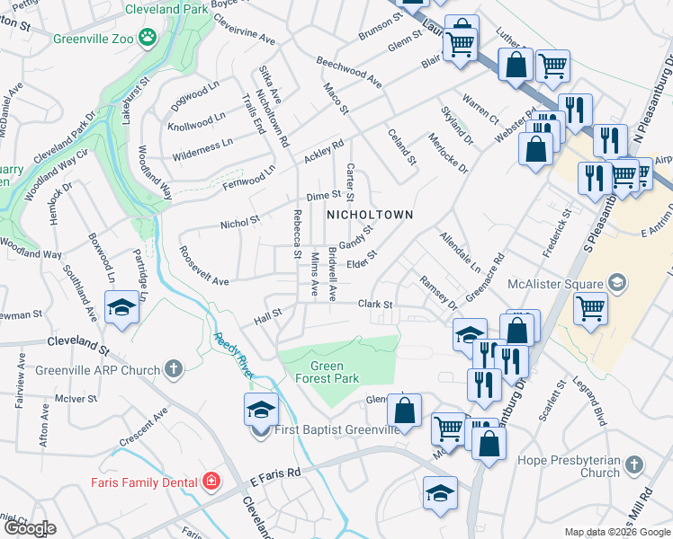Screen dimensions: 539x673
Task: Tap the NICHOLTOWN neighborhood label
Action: click(369, 215)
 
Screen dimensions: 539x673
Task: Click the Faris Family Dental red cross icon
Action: click(211, 482)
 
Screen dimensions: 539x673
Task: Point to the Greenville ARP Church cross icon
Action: click(174, 369)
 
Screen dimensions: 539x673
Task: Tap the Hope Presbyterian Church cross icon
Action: click(634, 465)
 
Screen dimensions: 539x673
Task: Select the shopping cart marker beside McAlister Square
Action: click(590, 308)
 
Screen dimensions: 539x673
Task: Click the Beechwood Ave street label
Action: click(349, 72)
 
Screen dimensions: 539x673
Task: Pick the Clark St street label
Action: click(376, 305)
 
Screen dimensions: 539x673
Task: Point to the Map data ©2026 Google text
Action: click(616, 532)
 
